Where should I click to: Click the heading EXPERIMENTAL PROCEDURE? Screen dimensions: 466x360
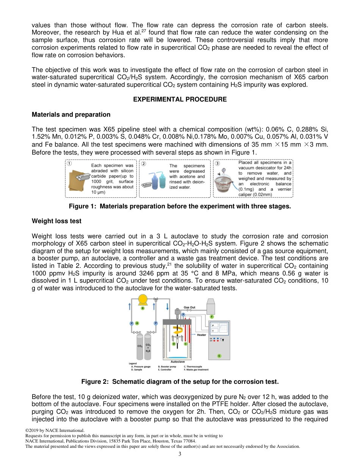point(180,99)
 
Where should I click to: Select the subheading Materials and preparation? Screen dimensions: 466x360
point(71,114)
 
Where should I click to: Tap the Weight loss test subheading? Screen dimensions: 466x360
point(56,221)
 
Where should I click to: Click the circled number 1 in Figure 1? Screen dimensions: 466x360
point(69,164)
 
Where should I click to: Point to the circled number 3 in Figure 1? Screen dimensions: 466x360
point(217,164)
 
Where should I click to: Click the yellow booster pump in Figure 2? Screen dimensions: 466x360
point(143,300)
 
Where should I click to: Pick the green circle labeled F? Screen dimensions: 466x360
point(212,316)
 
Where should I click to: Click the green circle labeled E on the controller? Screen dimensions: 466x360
point(219,356)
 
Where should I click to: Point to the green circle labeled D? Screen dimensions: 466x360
point(174,344)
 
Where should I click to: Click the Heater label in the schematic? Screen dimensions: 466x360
point(202,335)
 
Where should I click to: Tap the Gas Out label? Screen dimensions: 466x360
point(189,307)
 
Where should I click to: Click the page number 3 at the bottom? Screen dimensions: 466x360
point(180,454)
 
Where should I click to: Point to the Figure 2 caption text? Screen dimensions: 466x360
point(180,382)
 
